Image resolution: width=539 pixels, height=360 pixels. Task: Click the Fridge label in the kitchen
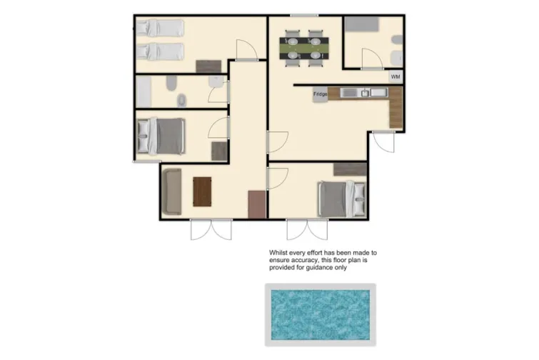[319, 94]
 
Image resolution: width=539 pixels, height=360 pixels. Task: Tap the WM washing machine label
[395, 76]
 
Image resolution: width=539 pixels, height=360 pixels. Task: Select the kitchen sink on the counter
[365, 93]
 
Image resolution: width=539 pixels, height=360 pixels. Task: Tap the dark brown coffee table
[202, 191]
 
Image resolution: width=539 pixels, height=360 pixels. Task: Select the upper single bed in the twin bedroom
[161, 28]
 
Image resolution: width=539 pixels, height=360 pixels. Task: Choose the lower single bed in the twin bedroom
[161, 51]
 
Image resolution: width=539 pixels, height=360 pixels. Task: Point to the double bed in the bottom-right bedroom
[341, 198]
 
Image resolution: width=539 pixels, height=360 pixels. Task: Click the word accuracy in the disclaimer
[308, 260]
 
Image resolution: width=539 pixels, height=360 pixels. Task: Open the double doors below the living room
[211, 230]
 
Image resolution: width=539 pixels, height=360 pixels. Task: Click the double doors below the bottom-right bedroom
[307, 230]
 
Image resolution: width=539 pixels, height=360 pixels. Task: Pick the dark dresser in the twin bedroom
[209, 66]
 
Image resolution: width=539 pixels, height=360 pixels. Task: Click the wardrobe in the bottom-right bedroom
[350, 169]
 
